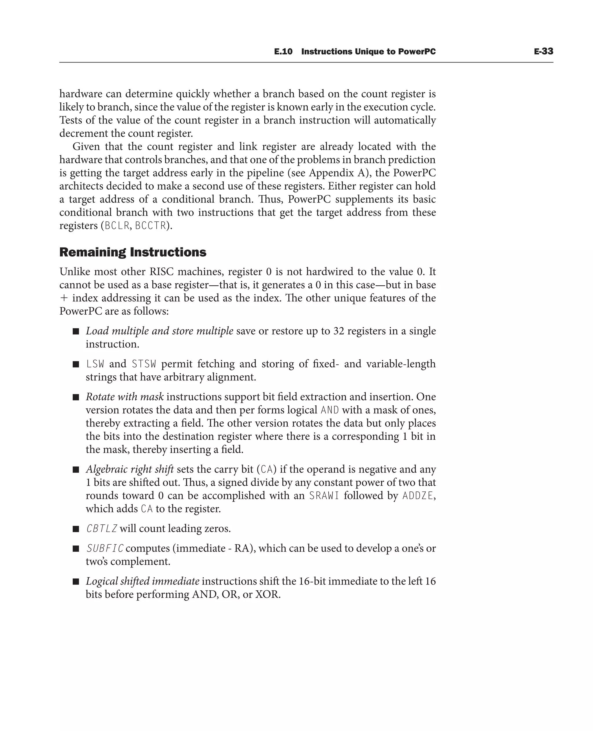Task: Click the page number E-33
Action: click(x=543, y=51)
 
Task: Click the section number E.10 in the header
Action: click(x=283, y=52)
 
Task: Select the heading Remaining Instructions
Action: click(x=133, y=252)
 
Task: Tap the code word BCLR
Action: click(x=117, y=226)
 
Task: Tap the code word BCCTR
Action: click(x=150, y=226)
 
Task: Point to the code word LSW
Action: click(x=95, y=364)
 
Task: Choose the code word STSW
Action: click(x=144, y=364)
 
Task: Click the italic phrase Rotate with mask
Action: click(x=125, y=397)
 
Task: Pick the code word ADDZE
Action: click(x=418, y=496)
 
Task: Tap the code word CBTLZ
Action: click(x=101, y=529)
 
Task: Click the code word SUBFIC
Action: click(x=105, y=549)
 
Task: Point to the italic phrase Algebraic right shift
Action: click(x=130, y=469)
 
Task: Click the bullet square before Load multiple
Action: click(x=76, y=331)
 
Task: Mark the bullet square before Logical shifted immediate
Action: click(x=76, y=581)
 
